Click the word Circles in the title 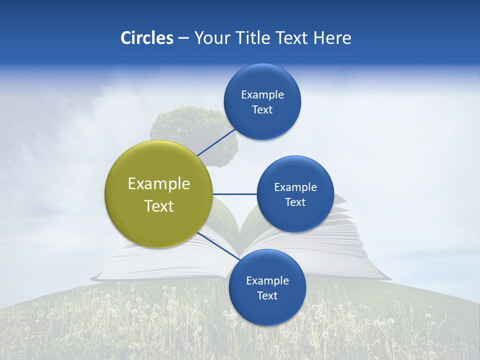(x=147, y=38)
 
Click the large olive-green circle (x=159, y=194)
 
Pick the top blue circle (x=262, y=102)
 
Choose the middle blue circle (x=295, y=194)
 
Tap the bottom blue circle (x=267, y=287)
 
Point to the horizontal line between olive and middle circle (x=234, y=194)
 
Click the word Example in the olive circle (x=159, y=183)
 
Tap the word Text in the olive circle (x=159, y=206)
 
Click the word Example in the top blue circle (x=262, y=94)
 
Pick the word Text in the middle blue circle (x=295, y=202)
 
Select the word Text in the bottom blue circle (x=267, y=295)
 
